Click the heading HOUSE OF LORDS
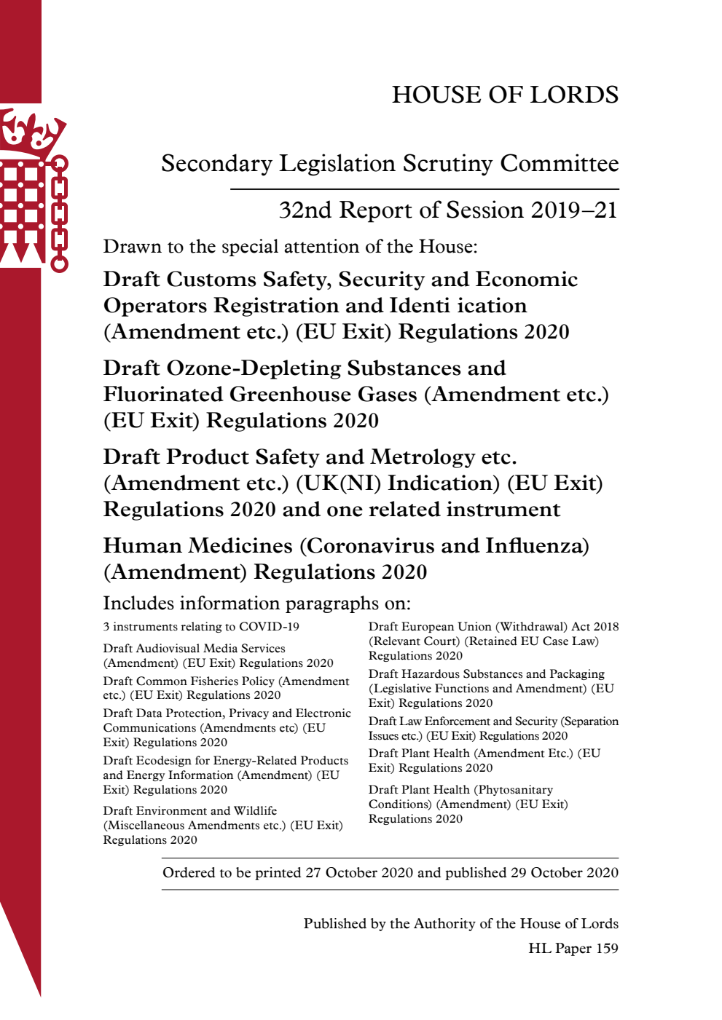coord(505,95)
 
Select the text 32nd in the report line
coord(305,210)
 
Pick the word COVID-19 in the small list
coord(269,627)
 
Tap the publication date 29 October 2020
coord(564,873)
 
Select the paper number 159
coord(606,949)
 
